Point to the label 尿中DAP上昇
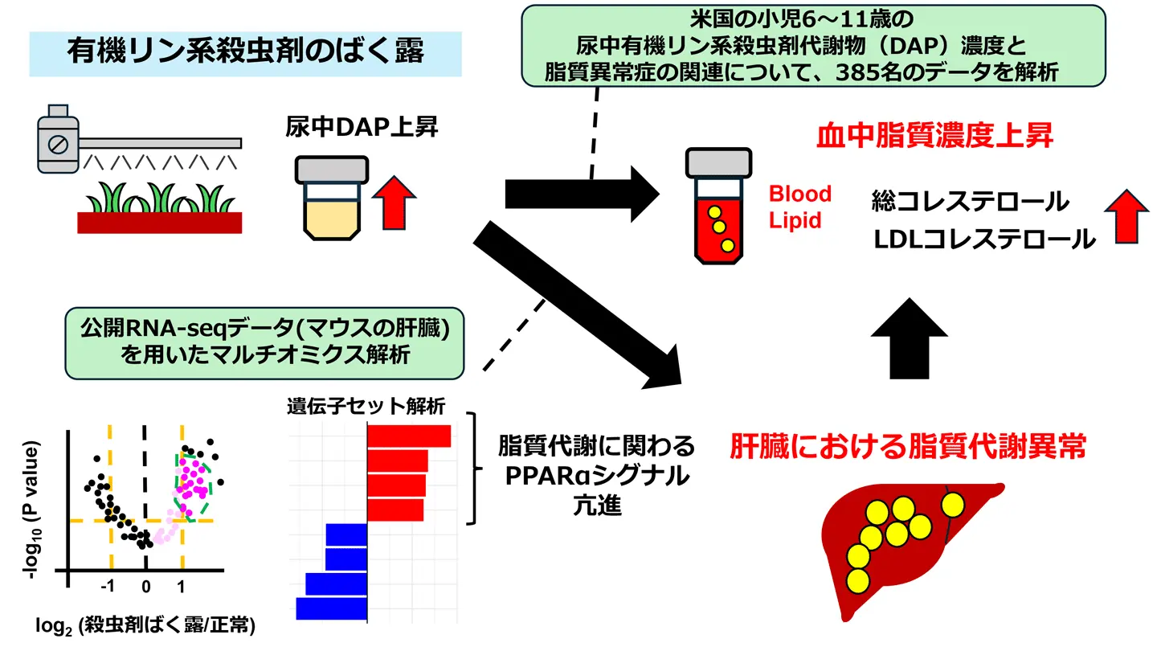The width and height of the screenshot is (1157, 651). click(362, 126)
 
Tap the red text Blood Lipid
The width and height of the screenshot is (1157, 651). click(799, 207)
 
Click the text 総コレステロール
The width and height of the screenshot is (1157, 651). click(970, 201)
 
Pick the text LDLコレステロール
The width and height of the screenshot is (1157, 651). click(983, 239)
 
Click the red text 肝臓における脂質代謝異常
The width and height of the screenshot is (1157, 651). click(907, 446)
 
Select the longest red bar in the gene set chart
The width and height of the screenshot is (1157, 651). click(409, 436)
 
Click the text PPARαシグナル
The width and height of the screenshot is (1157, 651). click(596, 476)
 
